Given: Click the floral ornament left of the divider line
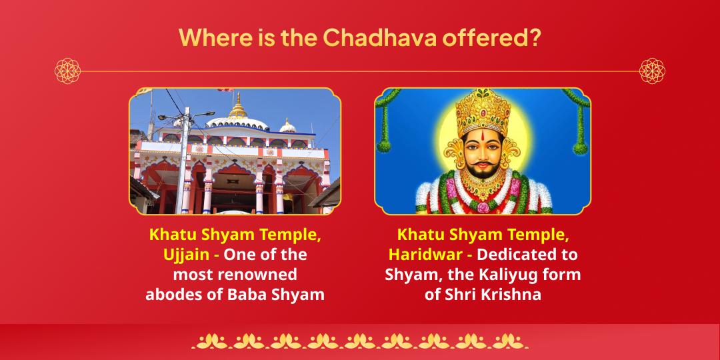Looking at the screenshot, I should pos(67,71).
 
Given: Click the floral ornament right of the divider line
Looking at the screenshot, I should pos(651,71).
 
